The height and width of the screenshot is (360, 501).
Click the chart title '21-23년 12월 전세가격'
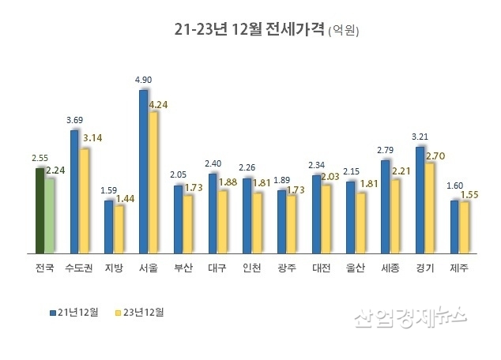[250, 30]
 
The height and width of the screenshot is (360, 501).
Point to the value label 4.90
[143, 80]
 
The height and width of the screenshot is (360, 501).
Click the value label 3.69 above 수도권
[74, 120]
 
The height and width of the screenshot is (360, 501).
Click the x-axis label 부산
[183, 268]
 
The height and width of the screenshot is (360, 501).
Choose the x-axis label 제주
[458, 268]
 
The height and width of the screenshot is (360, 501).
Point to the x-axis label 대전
[321, 268]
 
